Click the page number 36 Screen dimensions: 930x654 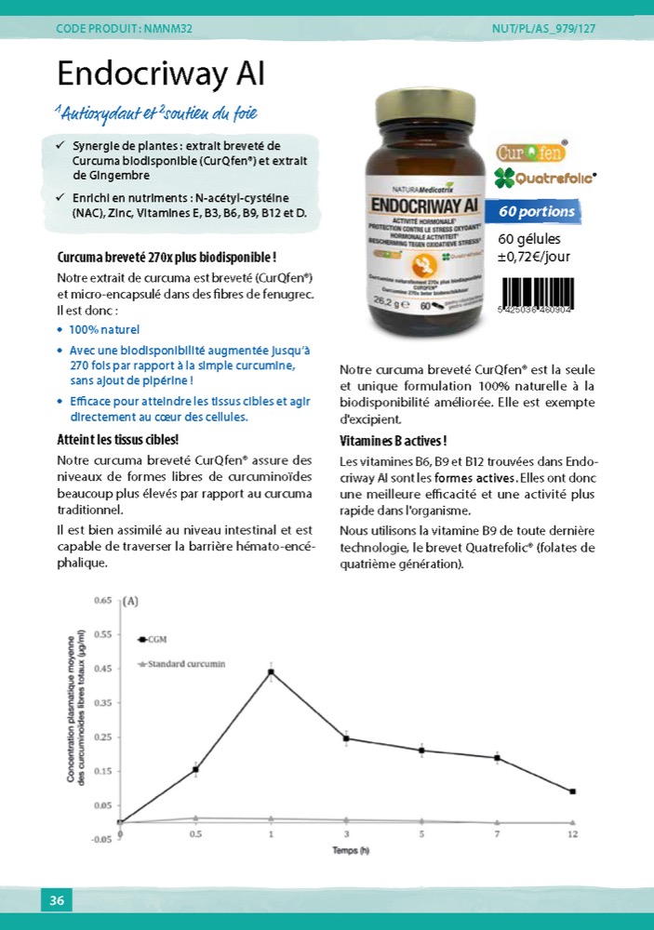pos(57,900)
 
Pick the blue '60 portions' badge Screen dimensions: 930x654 pos(536,211)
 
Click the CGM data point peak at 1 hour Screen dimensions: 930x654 pos(271,671)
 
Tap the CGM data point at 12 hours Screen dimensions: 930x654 pos(572,791)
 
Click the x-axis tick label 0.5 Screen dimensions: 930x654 pos(195,834)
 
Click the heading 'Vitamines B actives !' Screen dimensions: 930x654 pos(394,441)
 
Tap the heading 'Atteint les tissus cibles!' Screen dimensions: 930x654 pos(117,440)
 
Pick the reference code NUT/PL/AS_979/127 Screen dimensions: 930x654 pos(543,29)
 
